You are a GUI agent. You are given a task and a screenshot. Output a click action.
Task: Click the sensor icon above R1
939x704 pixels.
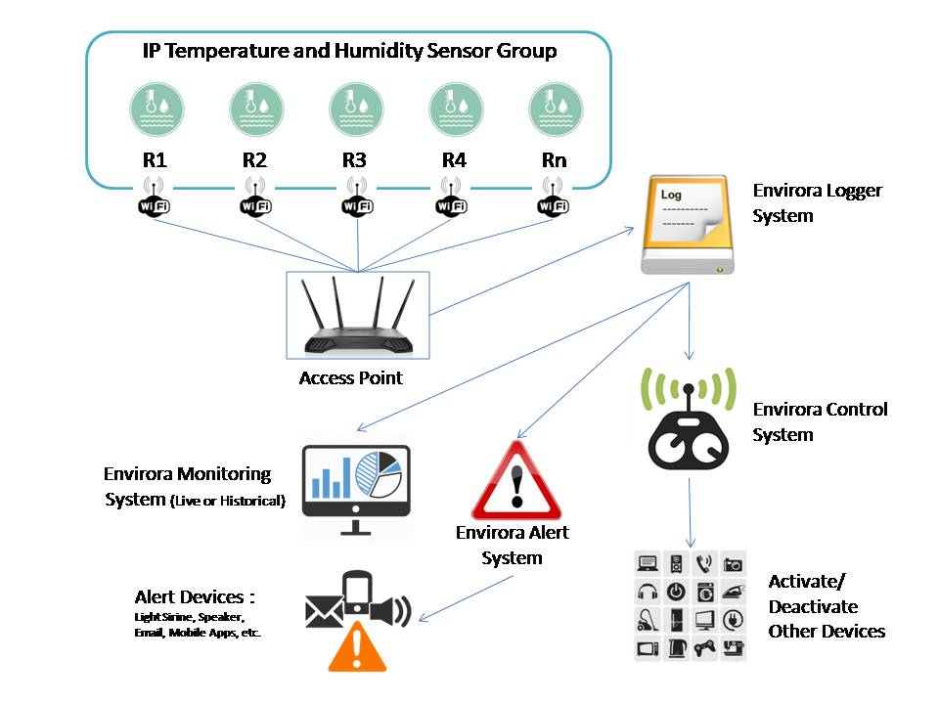point(156,110)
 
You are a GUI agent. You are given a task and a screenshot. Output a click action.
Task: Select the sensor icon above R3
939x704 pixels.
point(356,110)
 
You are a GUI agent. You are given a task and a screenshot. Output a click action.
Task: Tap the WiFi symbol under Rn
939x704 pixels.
point(553,197)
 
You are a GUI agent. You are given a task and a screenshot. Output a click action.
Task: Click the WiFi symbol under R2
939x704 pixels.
point(255,197)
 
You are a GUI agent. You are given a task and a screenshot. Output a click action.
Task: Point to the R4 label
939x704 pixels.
point(454,159)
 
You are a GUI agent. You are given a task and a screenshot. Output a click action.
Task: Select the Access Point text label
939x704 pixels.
point(351,377)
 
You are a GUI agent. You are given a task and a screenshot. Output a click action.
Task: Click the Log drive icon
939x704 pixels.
point(688,225)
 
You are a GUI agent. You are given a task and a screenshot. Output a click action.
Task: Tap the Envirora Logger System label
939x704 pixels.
point(817,203)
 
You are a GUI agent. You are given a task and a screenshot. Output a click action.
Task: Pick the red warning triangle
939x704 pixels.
point(516,481)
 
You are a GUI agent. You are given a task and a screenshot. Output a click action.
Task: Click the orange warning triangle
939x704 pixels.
point(357,646)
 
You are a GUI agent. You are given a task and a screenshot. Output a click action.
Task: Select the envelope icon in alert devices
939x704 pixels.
point(324,611)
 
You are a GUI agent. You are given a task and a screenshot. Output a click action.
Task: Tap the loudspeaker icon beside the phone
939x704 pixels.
point(391,611)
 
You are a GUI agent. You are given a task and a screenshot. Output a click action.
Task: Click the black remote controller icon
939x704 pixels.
point(689,427)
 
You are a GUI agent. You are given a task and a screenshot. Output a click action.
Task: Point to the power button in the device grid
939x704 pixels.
point(676,593)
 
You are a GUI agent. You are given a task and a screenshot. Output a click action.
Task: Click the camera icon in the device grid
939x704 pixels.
point(733,564)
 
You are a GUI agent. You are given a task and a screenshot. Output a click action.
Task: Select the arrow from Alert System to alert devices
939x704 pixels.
point(466,598)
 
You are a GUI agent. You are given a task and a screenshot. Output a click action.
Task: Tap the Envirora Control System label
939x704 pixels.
point(820,422)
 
